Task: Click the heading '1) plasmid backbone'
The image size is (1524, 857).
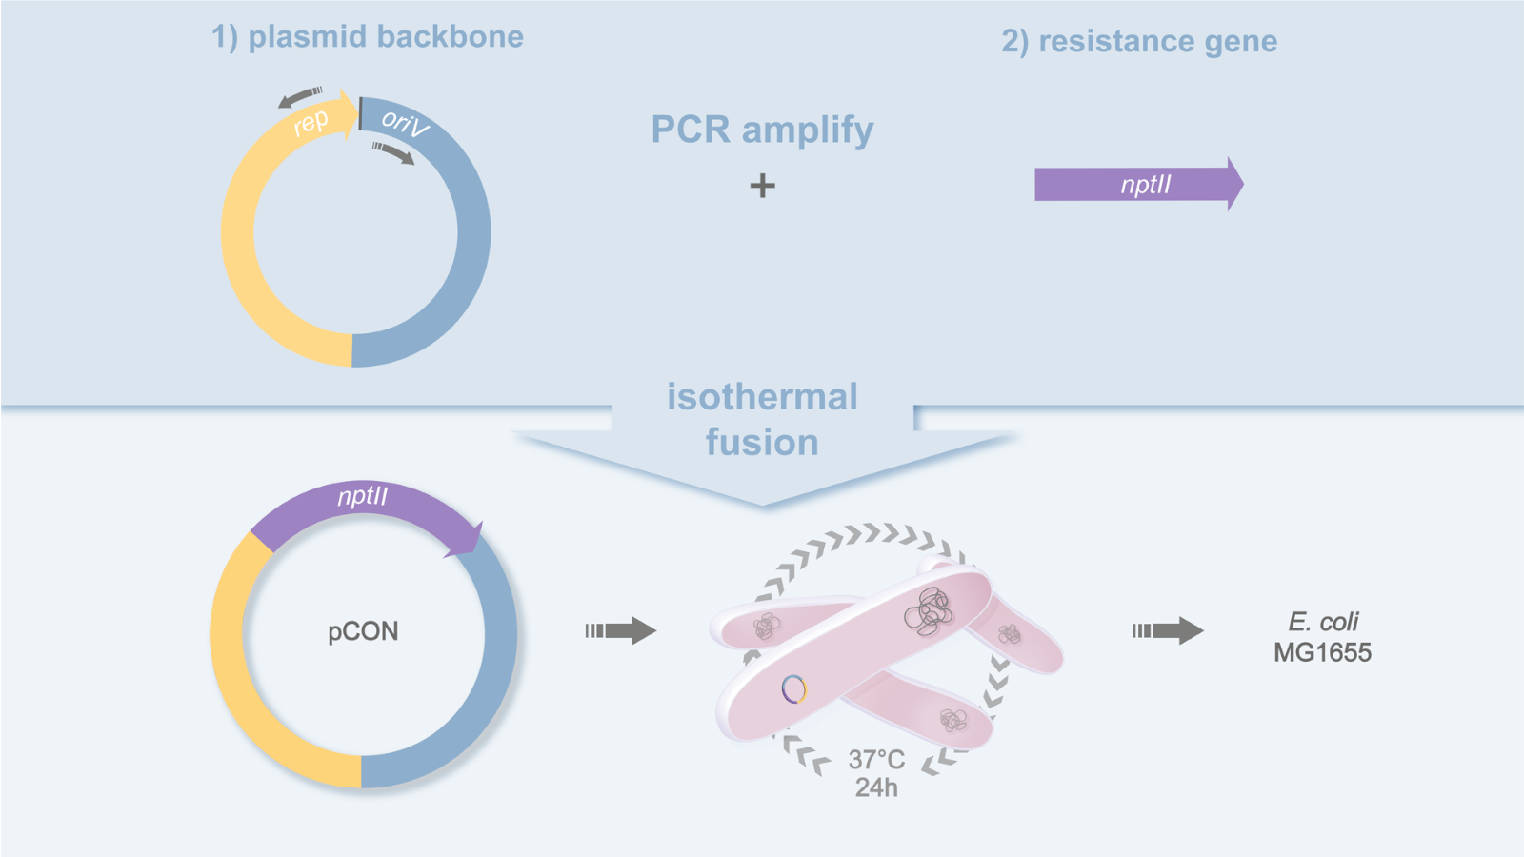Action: (367, 36)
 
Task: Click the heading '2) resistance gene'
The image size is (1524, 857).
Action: (1138, 41)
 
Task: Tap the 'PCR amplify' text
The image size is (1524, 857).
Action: (762, 130)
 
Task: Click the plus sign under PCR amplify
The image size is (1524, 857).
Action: (762, 185)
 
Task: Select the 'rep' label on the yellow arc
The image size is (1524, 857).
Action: (311, 123)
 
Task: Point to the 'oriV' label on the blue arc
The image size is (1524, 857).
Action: (404, 123)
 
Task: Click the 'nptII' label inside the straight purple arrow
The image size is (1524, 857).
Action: (1145, 185)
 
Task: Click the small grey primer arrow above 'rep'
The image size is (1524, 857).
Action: (300, 96)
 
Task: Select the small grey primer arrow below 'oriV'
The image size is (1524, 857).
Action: (393, 152)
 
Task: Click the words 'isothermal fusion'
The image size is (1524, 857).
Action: (762, 419)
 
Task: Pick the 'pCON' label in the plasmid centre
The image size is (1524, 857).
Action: (363, 631)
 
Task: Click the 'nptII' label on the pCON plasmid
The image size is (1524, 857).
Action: (363, 496)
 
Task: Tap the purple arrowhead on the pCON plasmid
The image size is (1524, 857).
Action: (469, 539)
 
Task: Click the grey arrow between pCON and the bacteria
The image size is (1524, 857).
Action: (620, 630)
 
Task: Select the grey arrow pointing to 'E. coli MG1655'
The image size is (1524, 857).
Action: (1168, 630)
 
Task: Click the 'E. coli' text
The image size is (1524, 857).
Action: (1323, 622)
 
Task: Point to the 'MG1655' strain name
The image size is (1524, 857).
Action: (1322, 652)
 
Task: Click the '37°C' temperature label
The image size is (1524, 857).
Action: (876, 760)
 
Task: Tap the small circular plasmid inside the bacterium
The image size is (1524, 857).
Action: (794, 688)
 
